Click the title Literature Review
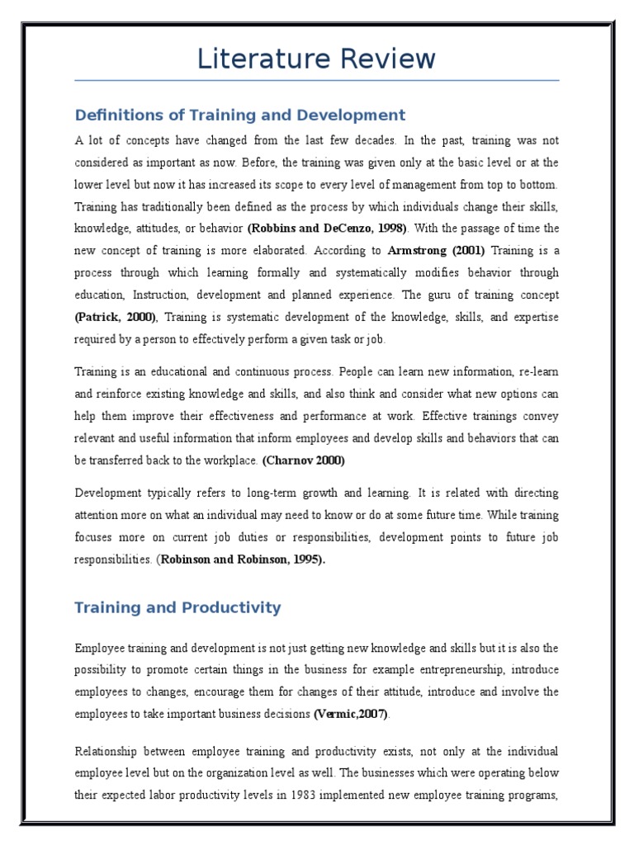(316, 59)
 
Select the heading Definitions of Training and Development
(240, 115)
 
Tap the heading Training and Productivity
(177, 608)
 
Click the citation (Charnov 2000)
(305, 460)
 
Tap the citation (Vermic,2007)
(350, 714)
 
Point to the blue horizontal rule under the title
(316, 81)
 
